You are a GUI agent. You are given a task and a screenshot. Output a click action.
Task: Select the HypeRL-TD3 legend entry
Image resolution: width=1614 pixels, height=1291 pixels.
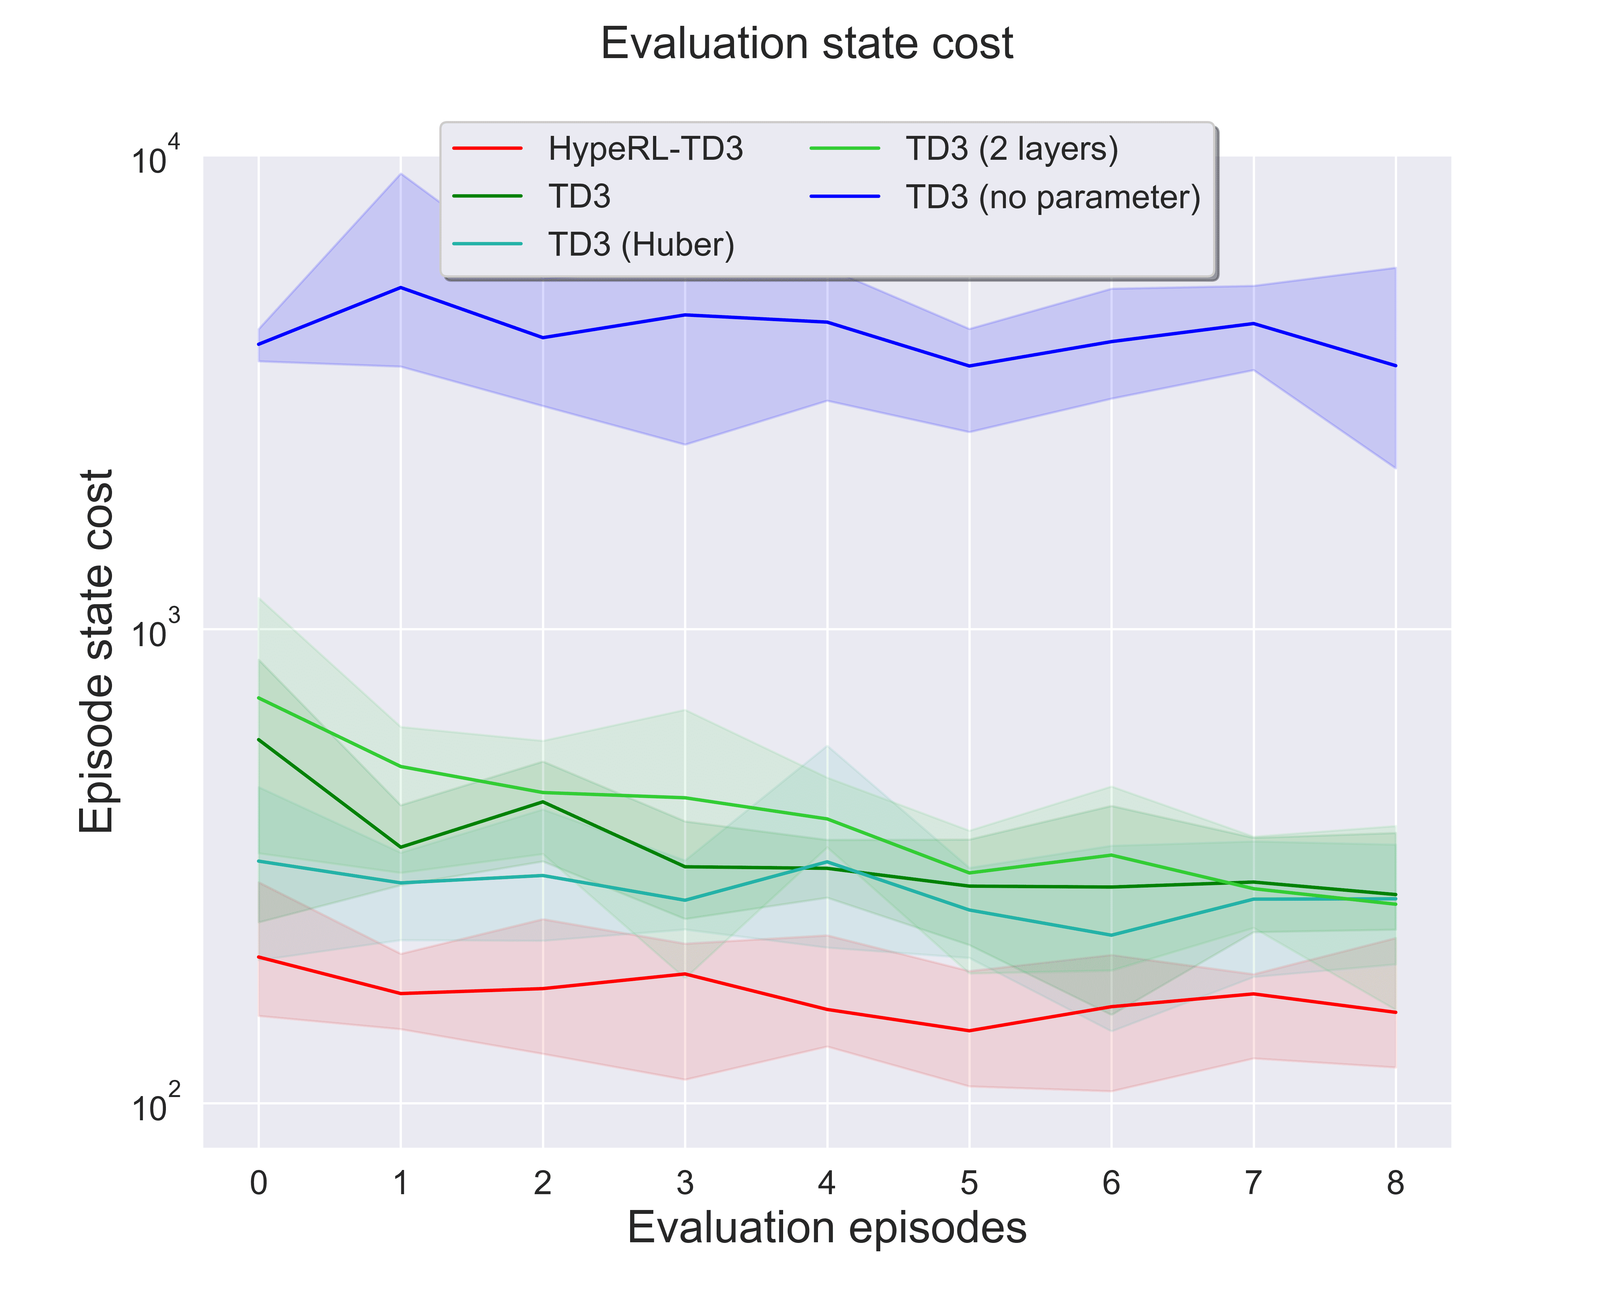[x=645, y=149]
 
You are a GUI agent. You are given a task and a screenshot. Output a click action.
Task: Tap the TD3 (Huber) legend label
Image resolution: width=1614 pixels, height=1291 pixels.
[x=641, y=244]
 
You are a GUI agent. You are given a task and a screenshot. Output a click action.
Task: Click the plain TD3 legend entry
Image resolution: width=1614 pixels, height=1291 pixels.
[x=579, y=197]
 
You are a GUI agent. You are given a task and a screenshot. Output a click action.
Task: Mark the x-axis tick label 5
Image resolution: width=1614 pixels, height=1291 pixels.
[x=969, y=1183]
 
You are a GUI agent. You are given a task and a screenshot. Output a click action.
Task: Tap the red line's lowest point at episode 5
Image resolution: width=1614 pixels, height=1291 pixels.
[x=969, y=1031]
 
